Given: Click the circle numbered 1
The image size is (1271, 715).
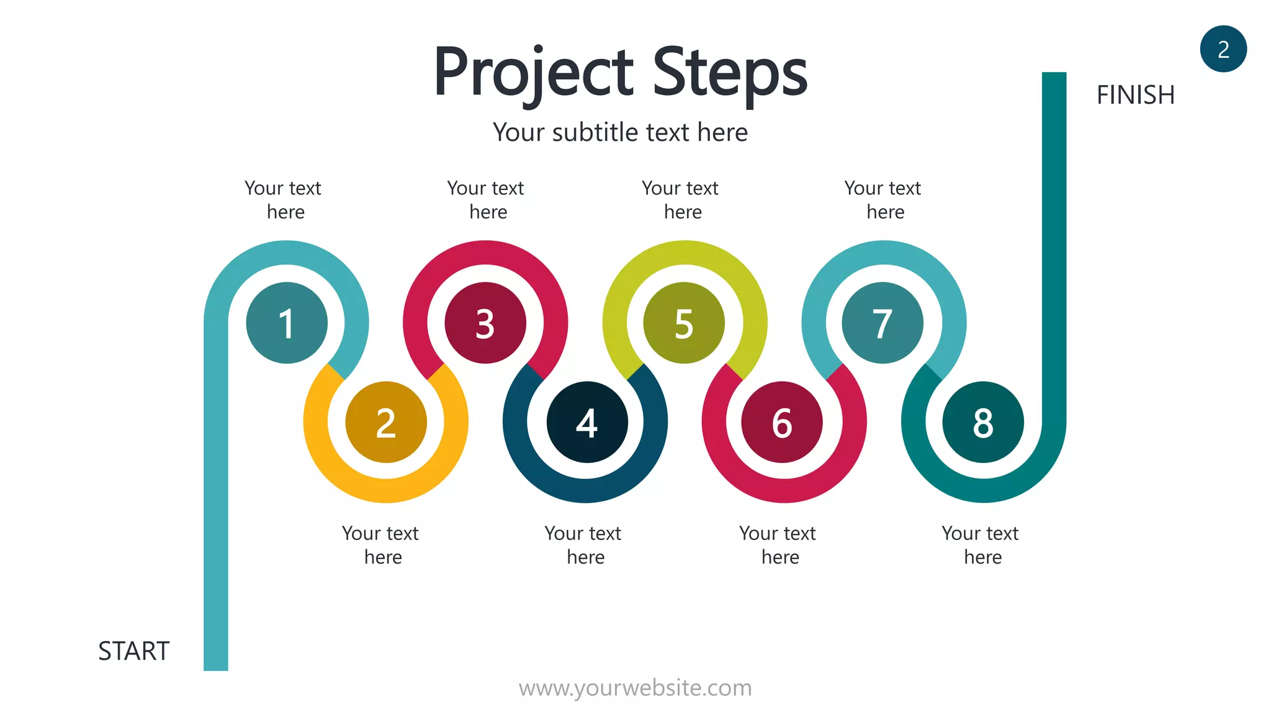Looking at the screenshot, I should pos(287,323).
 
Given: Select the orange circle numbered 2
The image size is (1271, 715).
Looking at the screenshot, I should pos(386,422).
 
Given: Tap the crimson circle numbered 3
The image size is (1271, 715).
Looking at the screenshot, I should pos(485,323).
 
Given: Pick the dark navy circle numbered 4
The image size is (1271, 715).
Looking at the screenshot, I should pos(587,422).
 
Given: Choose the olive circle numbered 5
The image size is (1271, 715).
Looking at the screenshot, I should pos(684,323).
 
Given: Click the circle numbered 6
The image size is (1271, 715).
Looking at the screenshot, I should pos(782,422).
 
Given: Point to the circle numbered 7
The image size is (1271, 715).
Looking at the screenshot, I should pos(883,323).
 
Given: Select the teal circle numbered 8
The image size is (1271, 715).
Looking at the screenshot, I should pos(983,422).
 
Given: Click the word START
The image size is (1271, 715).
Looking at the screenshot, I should pos(134,651).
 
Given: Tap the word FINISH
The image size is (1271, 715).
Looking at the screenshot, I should pos(1136,95).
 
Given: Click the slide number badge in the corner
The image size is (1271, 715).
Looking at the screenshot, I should pos(1223,49).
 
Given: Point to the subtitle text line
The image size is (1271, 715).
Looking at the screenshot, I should pos(621,132).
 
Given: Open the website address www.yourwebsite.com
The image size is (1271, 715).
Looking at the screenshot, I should pos(635,688).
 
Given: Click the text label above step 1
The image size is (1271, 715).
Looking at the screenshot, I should pos(284,200).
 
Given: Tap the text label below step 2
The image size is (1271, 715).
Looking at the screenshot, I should pos(381,545).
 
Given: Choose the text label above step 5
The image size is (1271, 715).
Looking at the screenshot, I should pos(681,200).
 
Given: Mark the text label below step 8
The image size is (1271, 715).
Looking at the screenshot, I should pos(981,545).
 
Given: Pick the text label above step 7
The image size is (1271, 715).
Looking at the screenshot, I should pos(883,200).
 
